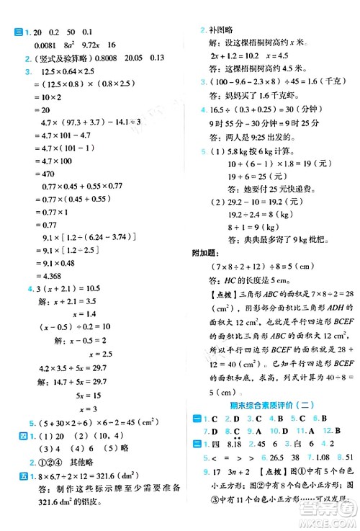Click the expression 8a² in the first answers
tap(79, 45)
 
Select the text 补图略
tap(221, 32)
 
